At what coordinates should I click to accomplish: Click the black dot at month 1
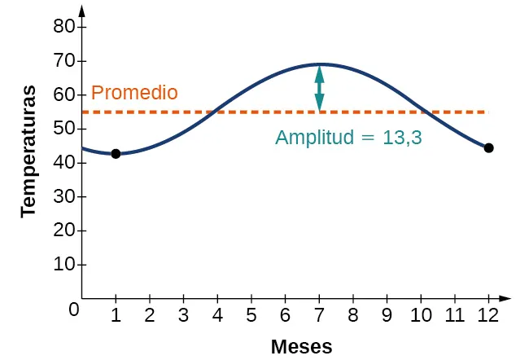116,154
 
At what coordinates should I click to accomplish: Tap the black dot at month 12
488,147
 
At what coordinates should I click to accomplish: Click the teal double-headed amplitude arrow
319,88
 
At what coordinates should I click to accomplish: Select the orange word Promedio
134,93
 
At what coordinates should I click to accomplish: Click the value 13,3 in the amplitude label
402,138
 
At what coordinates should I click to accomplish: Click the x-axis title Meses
302,347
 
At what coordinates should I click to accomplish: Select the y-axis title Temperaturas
30,150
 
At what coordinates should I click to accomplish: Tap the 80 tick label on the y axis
64,27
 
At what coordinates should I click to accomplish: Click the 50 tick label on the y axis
64,129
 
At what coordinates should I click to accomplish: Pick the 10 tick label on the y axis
64,265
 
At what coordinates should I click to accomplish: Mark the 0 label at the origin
74,310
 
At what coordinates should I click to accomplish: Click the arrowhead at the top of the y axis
82,11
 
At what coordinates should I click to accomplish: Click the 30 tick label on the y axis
64,197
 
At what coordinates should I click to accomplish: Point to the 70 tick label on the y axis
64,61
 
